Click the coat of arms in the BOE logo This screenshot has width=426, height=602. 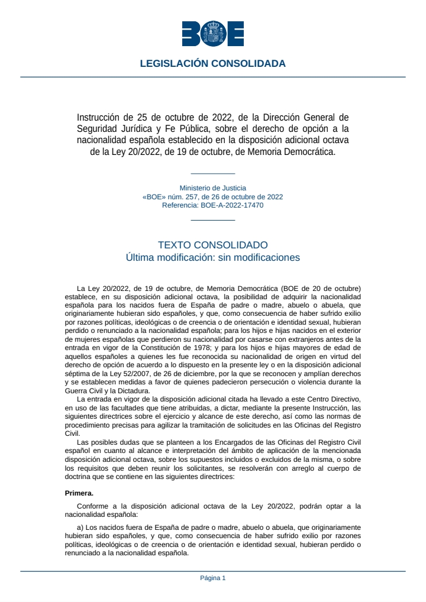pyautogui.click(x=212, y=33)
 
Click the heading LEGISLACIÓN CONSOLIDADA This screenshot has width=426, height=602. pyautogui.click(x=212, y=63)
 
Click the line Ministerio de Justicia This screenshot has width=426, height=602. pyautogui.click(x=212, y=188)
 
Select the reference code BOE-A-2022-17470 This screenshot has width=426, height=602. pyautogui.click(x=231, y=205)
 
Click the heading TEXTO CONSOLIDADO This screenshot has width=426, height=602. pyautogui.click(x=212, y=245)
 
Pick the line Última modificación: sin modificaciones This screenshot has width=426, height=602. pyautogui.click(x=212, y=258)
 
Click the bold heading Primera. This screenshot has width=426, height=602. pyautogui.click(x=79, y=492)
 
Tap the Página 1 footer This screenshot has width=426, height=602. pyautogui.click(x=212, y=578)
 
